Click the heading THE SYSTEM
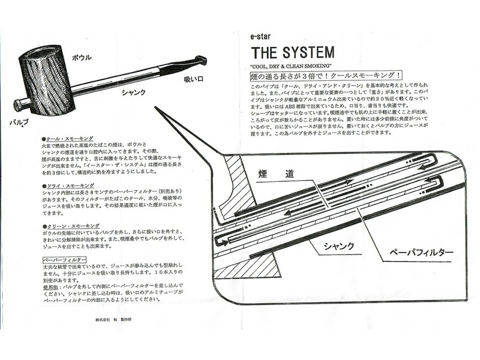292,52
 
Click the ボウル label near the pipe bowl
82,58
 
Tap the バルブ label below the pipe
19,123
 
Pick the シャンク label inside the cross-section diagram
338,246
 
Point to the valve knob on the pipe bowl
17,105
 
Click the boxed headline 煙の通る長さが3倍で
325,75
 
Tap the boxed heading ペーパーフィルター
64,259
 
